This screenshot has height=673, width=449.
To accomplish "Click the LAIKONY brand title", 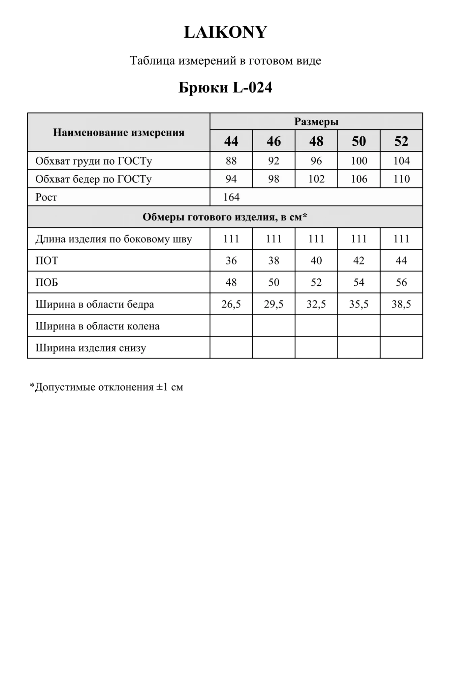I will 225,32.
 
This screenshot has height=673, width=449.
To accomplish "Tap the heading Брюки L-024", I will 225,87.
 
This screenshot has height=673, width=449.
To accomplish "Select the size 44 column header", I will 231,141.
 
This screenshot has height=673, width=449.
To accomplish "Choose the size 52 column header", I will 401,141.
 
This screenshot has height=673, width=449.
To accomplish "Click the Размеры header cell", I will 316,121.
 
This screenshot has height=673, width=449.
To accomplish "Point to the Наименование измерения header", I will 119,133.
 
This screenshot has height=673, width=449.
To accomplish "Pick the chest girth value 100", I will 359,161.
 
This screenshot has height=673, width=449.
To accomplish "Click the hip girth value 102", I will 316,179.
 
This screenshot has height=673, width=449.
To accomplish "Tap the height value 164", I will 231,197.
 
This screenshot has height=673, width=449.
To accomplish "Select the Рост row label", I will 46,197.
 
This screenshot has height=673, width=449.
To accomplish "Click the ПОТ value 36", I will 231,260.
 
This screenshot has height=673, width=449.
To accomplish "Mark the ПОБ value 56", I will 401,282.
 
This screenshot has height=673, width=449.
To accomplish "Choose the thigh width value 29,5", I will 274,304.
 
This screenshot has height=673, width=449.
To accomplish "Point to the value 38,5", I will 401,304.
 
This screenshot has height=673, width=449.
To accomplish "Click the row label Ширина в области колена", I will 97,326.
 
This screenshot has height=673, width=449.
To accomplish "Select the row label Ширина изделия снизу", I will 91,348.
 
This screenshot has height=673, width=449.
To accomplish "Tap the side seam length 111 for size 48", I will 316,239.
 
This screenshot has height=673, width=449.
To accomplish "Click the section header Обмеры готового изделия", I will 225,217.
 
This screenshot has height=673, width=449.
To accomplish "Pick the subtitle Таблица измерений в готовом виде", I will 225,61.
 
